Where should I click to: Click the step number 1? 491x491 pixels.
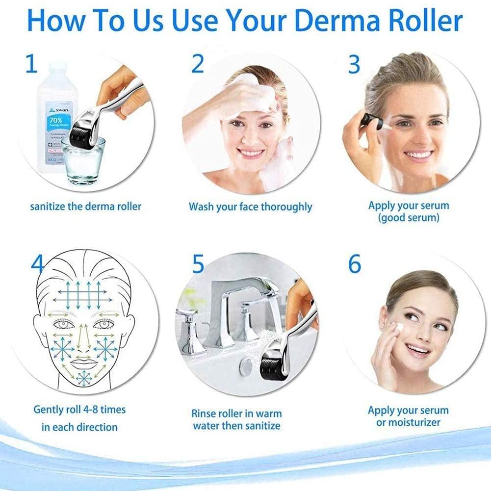click(x=31, y=64)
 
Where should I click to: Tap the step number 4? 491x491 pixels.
click(x=37, y=265)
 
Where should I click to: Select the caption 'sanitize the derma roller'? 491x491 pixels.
click(x=86, y=206)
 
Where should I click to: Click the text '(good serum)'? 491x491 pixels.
click(x=408, y=217)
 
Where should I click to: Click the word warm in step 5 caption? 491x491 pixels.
click(x=268, y=413)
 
